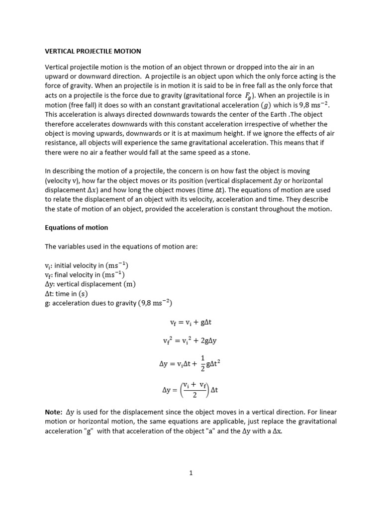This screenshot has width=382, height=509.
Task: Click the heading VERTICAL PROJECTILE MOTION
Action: (93, 51)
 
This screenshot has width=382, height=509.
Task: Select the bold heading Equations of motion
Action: (76, 228)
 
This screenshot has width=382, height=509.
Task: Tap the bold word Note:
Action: (54, 412)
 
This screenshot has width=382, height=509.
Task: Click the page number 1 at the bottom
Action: (191, 474)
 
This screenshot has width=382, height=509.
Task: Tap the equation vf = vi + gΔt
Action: (191, 322)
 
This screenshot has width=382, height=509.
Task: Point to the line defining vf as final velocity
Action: (85, 275)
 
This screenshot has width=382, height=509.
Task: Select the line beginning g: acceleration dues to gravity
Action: (108, 303)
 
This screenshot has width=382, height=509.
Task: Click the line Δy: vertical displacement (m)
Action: (91, 284)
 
